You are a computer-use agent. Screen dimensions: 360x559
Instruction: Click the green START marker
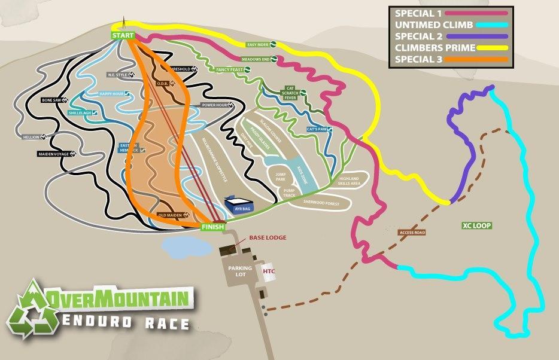122,35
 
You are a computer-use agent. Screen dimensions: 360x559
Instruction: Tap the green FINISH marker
212,227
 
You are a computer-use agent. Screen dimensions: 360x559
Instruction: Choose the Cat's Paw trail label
318,129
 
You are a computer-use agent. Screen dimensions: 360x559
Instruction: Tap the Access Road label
412,232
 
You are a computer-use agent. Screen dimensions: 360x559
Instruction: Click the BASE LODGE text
268,237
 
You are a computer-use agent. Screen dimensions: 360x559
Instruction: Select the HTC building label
269,271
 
